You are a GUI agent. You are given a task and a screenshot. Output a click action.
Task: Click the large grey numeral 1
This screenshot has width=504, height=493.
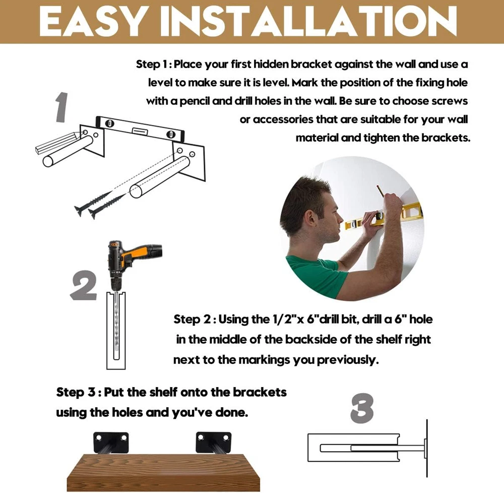tap(61, 107)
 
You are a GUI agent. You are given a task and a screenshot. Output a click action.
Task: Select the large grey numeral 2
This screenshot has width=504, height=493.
tap(83, 285)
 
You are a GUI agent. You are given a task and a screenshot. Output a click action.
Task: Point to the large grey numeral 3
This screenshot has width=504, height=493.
tap(362, 408)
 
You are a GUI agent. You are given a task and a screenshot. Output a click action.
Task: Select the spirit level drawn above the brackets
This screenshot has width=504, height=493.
tap(140, 129)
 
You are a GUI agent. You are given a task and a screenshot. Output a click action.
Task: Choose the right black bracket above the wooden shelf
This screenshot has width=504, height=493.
tap(213, 442)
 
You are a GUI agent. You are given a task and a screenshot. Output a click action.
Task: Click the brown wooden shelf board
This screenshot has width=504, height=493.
tap(163, 472)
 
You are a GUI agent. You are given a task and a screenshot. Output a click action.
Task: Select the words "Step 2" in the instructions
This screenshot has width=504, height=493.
tap(192, 320)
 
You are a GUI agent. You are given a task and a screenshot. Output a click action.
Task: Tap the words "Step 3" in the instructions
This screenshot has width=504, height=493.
tap(76, 392)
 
